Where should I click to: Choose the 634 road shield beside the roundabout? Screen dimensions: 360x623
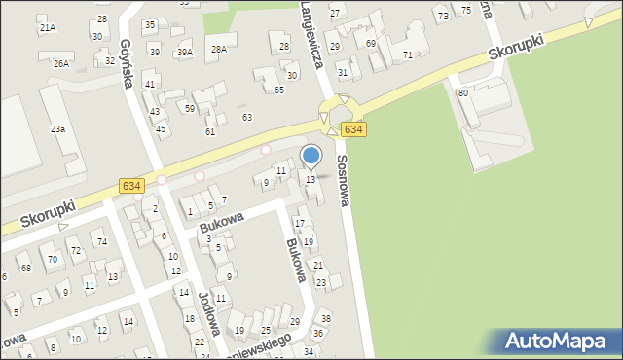click(354, 129)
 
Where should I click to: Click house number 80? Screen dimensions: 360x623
click(463, 92)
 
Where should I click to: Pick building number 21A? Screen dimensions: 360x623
click(48, 28)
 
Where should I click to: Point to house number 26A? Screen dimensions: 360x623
click(61, 63)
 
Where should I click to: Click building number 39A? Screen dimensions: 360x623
click(184, 52)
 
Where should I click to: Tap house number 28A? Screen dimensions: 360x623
click(219, 49)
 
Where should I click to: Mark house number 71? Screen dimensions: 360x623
click(407, 54)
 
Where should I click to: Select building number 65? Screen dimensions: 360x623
click(278, 90)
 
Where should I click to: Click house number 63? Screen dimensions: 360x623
click(247, 117)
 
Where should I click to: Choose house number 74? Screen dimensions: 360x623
click(101, 240)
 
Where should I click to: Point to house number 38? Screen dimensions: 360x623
click(326, 319)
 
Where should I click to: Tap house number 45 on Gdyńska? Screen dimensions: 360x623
click(161, 128)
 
